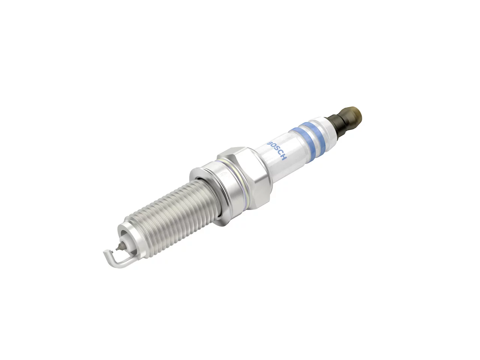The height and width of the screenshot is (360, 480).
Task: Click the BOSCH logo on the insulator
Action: coord(276,150)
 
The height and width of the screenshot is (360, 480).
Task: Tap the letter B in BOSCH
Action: coord(269,142)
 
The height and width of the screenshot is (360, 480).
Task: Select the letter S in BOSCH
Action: coord(276,150)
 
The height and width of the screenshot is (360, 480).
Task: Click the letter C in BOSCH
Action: coord(279,154)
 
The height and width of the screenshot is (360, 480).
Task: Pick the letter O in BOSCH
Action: coord(273,146)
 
